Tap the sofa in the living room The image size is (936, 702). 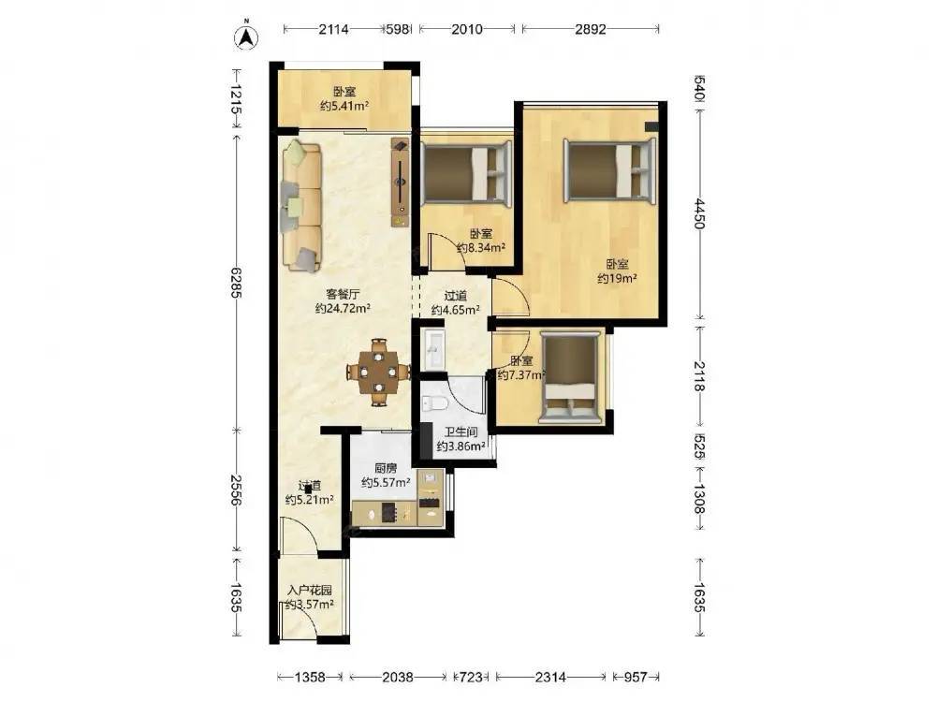pos(301,205)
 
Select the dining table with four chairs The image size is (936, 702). pos(378,373)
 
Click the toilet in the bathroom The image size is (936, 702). pos(434,403)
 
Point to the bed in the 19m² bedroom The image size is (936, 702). pos(610,168)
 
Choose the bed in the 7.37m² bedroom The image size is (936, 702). pos(571,378)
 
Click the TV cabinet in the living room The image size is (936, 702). pos(401,183)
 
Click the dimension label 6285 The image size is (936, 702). pos(237,283)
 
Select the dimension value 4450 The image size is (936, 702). pos(700,213)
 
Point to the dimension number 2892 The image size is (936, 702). pos(591,29)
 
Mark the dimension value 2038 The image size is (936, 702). pos(398,677)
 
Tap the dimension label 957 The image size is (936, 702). pos(636,677)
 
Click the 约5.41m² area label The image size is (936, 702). pos(344,107)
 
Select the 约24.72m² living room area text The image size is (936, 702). pos(343,309)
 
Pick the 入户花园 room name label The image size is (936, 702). pos(309,591)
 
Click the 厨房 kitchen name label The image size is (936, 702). pos(386,468)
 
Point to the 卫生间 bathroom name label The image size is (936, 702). pos(461,431)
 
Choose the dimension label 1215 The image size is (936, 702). pos(237,100)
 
